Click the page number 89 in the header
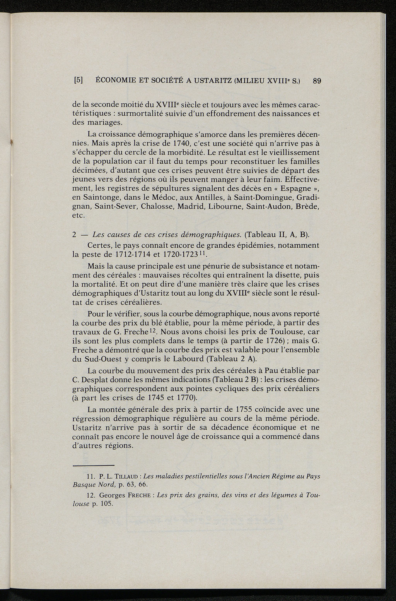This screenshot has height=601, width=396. pyautogui.click(x=317, y=81)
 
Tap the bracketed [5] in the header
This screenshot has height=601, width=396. pyautogui.click(x=78, y=81)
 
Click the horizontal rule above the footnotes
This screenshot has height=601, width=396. pyautogui.click(x=94, y=465)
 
